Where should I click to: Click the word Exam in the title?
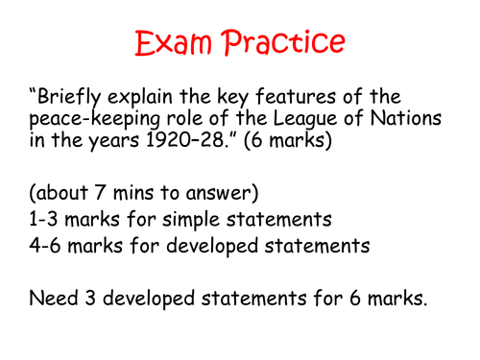[174, 44]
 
